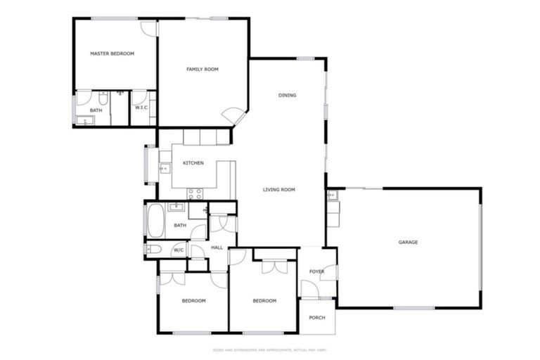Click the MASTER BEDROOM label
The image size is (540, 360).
click(112, 53)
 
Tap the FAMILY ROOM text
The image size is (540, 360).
click(202, 69)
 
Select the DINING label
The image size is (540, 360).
click(287, 96)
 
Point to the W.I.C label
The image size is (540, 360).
click(141, 108)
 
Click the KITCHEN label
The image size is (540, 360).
click(193, 163)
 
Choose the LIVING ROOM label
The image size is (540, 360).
click(278, 189)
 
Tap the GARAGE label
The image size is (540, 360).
click(409, 242)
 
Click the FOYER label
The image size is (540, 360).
click(317, 271)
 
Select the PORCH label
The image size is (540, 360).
click(317, 318)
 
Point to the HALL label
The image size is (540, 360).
click(217, 247)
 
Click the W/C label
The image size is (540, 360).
click(179, 250)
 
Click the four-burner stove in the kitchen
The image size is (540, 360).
click(195, 194)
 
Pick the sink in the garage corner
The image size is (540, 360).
click(332, 196)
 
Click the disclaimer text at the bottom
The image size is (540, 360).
click(270, 349)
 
